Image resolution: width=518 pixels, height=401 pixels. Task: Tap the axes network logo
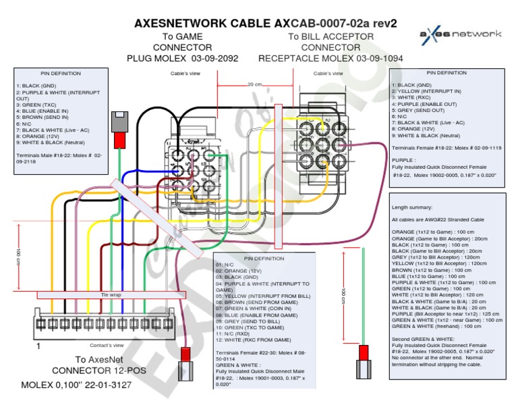click(461, 34)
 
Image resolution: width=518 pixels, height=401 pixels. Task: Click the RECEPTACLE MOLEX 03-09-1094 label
click(330, 59)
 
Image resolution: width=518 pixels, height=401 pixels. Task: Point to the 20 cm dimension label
click(254, 84)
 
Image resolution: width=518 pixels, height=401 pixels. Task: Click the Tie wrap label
click(111, 295)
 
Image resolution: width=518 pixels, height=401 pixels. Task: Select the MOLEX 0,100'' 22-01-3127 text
click(86, 385)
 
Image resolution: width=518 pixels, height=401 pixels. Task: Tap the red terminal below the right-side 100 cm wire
click(364, 353)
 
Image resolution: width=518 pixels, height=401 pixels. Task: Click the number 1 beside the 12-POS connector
click(38, 346)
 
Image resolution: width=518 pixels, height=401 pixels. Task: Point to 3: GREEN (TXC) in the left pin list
click(36, 105)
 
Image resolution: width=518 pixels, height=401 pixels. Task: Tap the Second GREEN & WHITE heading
click(421, 338)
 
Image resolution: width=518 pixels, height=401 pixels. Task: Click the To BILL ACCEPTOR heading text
click(330, 36)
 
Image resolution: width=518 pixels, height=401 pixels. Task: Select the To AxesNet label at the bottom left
click(99, 360)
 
